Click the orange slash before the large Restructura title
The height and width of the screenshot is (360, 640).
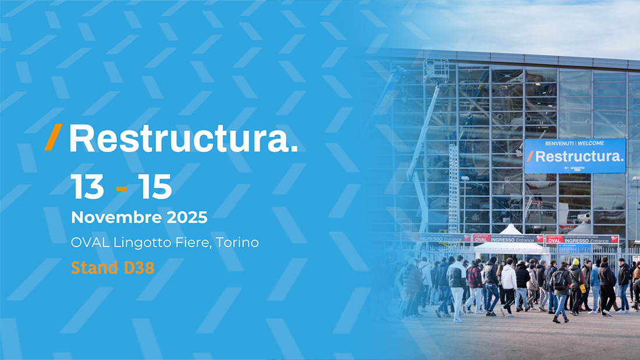click(53, 137)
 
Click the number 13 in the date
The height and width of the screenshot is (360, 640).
click(88, 187)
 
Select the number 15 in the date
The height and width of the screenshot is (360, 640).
click(155, 187)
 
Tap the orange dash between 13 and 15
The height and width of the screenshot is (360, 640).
click(122, 188)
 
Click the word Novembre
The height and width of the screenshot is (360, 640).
click(108, 218)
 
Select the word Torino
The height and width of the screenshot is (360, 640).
click(237, 243)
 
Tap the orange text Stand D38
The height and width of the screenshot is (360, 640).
click(112, 268)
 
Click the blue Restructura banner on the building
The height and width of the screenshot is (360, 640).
click(575, 156)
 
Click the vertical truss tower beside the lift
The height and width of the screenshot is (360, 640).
click(453, 186)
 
